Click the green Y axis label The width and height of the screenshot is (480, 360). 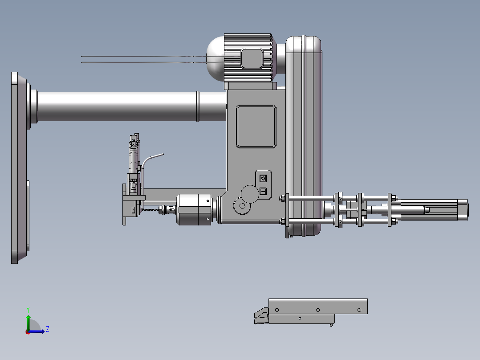click(28, 310)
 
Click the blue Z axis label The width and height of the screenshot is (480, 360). click(48, 329)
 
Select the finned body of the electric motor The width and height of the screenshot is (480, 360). click(248, 57)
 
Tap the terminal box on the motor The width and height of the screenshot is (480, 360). click(252, 58)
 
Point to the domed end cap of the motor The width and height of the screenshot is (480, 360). click(216, 58)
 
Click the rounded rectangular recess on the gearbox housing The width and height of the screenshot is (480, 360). click(256, 127)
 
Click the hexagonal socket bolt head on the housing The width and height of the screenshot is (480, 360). click(242, 205)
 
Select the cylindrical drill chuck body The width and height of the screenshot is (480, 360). click(195, 209)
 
